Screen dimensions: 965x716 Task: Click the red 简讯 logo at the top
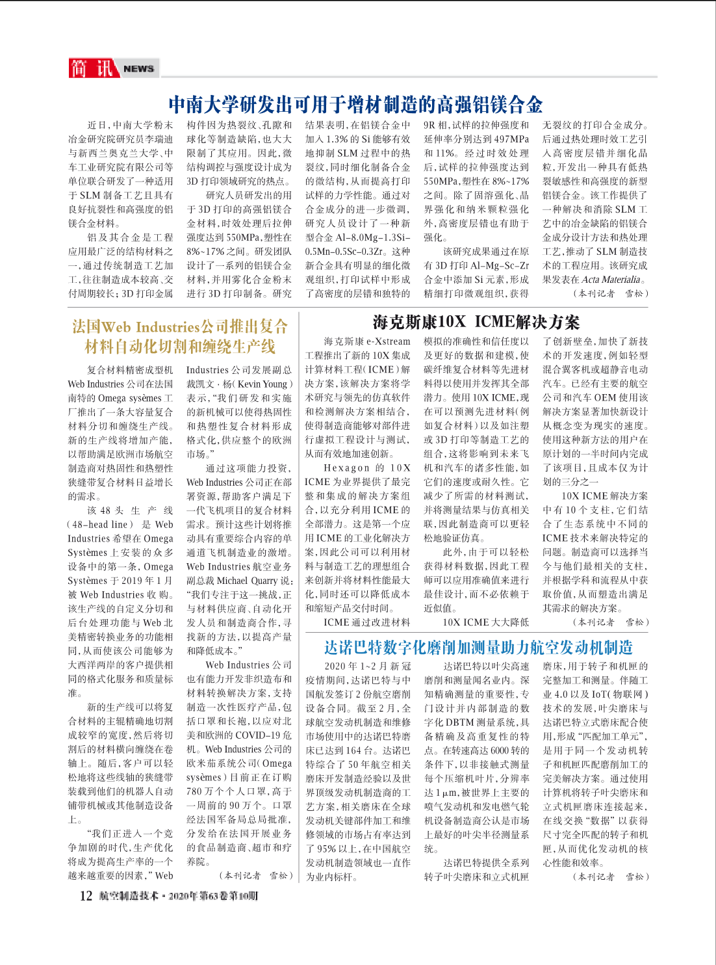click(x=92, y=68)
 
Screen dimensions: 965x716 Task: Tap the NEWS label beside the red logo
click(x=138, y=68)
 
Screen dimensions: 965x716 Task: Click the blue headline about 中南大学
click(x=355, y=104)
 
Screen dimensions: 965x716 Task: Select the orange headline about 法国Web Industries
click(x=179, y=336)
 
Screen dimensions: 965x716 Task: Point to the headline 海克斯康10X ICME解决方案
click(x=476, y=322)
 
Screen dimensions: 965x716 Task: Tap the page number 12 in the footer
click(x=86, y=896)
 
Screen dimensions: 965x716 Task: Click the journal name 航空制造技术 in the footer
click(x=129, y=896)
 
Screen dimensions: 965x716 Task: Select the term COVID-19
click(x=259, y=735)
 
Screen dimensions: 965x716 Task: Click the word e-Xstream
click(x=388, y=341)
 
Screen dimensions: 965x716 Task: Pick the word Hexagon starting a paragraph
click(x=346, y=468)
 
